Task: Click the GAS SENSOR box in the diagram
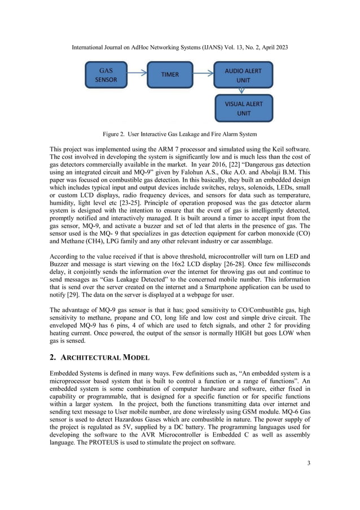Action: click(x=106, y=75)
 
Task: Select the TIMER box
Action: click(x=170, y=75)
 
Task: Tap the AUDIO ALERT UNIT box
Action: click(x=243, y=76)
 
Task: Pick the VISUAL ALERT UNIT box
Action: click(x=243, y=108)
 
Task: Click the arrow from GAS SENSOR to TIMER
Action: click(x=137, y=75)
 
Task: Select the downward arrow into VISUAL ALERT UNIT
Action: click(x=244, y=91)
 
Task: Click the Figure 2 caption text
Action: click(x=179, y=134)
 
